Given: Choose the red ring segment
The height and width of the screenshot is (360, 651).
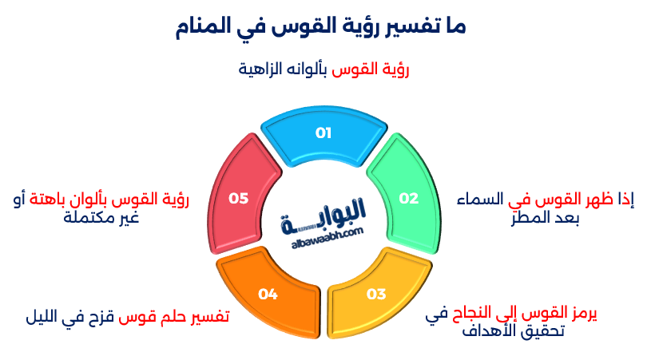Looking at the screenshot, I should click(239, 199).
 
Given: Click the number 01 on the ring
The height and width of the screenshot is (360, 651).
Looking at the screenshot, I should click(324, 133).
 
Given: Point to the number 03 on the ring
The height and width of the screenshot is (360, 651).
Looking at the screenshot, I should click(376, 294).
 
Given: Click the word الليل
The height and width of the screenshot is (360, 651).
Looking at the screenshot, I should click(43, 318).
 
